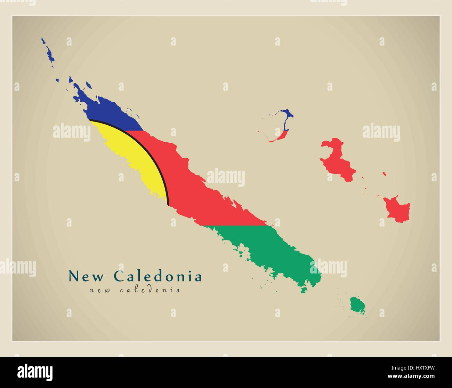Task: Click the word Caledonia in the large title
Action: tap(158, 276)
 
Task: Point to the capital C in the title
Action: tap(119, 276)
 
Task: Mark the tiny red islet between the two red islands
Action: tap(384, 173)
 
